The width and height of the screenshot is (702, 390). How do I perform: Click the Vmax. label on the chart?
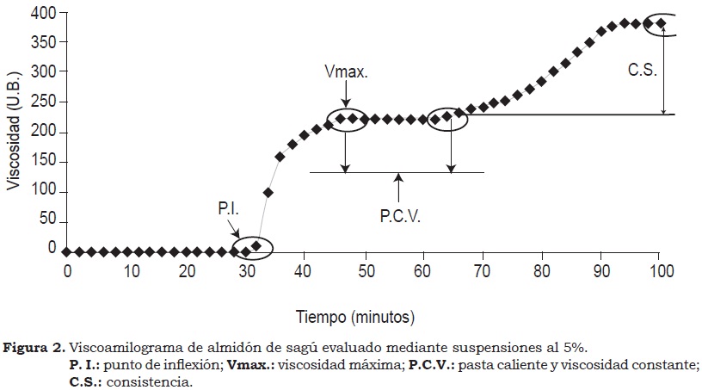pyautogui.click(x=348, y=73)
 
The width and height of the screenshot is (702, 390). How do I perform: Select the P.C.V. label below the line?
pyautogui.click(x=399, y=218)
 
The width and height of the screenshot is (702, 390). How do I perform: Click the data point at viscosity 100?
pyautogui.click(x=268, y=192)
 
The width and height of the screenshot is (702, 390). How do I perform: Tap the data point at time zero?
pyautogui.click(x=67, y=251)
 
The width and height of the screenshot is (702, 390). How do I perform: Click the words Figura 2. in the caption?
pyautogui.click(x=34, y=348)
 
